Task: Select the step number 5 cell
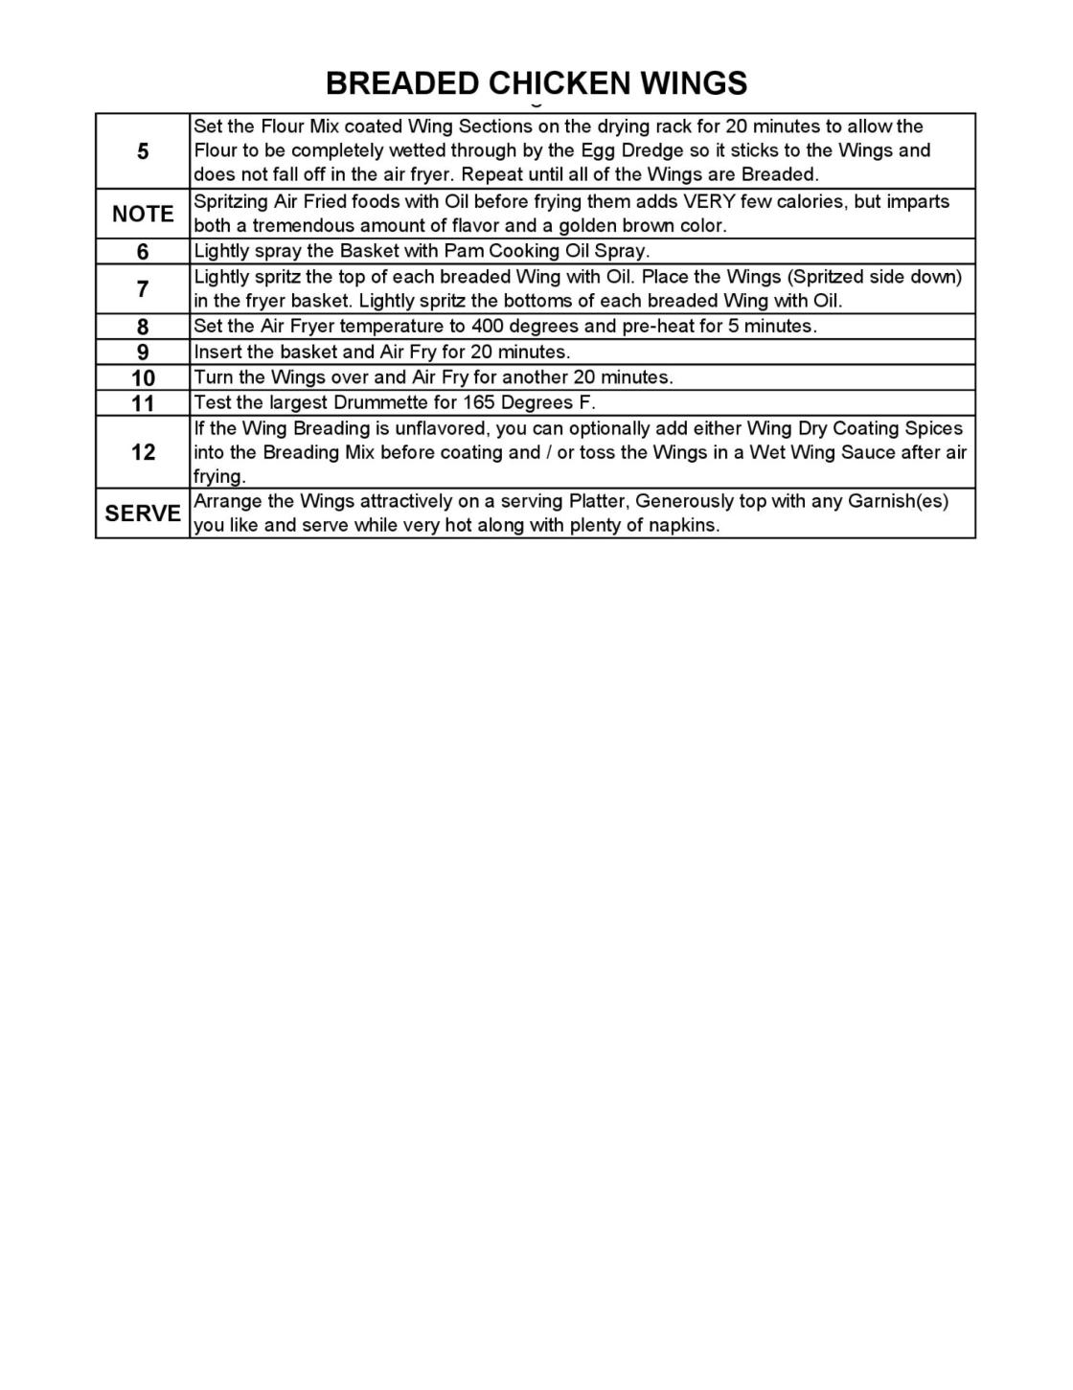tap(143, 151)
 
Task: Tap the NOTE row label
tap(143, 214)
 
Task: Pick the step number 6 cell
tap(143, 252)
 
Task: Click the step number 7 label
tap(143, 288)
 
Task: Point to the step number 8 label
tap(143, 327)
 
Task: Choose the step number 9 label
tap(143, 352)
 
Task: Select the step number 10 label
tap(143, 377)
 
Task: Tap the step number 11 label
tap(143, 403)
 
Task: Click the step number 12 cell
tap(143, 452)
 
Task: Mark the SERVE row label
tap(143, 513)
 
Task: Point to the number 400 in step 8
tap(488, 326)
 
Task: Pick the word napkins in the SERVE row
tap(683, 525)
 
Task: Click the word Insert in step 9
tap(217, 352)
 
